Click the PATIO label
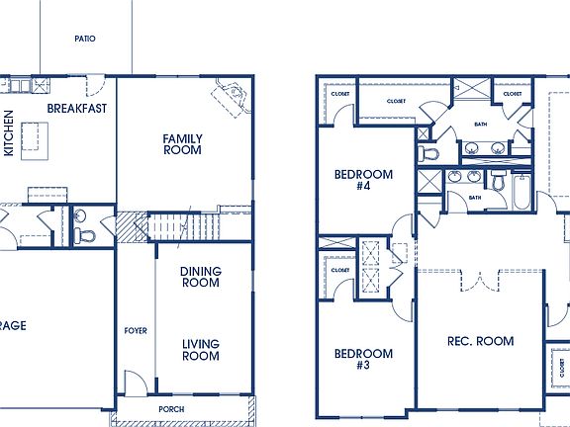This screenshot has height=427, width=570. [84, 39]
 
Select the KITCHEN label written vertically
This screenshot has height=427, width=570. [10, 132]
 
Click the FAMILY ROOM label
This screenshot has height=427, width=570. [182, 144]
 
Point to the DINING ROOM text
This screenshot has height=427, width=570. [200, 277]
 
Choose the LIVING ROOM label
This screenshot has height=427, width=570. [200, 350]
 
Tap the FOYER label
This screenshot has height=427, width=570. [136, 330]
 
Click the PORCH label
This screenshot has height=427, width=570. [172, 408]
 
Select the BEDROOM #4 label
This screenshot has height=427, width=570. [363, 181]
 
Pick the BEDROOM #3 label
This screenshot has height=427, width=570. [363, 360]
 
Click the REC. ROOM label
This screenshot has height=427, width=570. [481, 341]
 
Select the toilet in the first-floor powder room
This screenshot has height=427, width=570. [81, 235]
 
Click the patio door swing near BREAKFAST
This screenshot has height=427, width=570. [94, 86]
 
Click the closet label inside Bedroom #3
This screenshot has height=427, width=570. [340, 270]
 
